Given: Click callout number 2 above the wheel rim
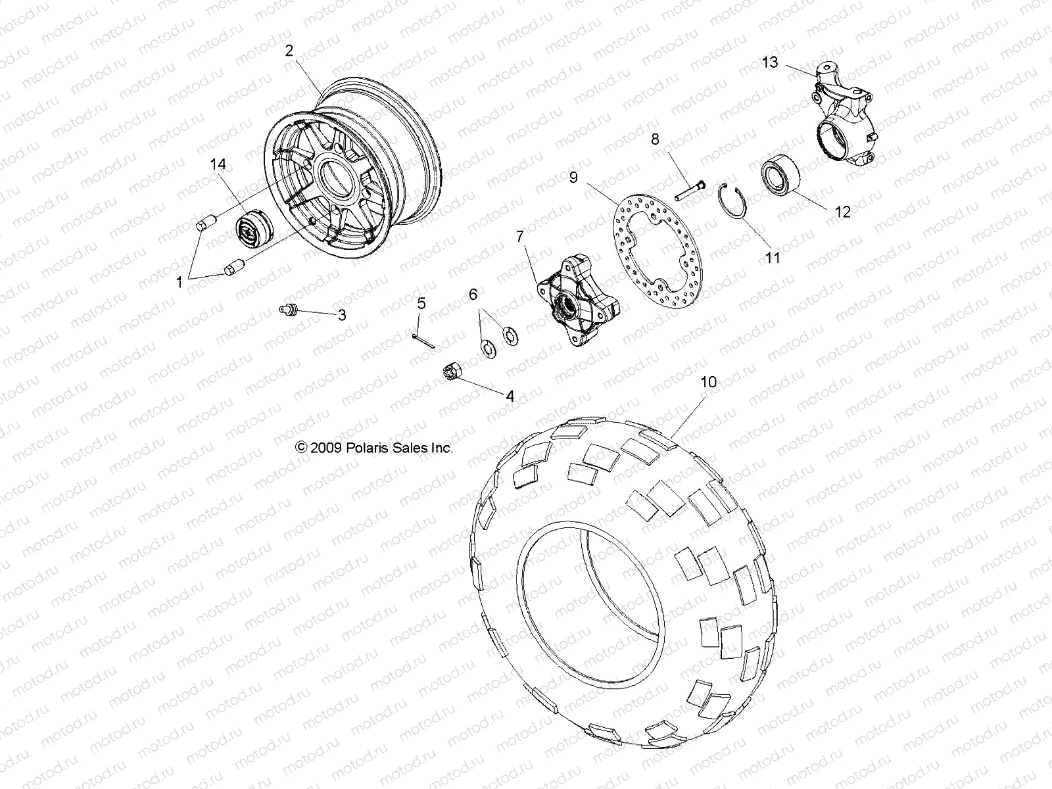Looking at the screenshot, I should point(289,51).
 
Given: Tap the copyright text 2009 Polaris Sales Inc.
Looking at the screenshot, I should point(375,448).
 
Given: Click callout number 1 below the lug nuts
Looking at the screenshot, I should point(179,282).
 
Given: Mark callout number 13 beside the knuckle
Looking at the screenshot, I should point(770,62).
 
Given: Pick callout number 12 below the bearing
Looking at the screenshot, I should point(842,212).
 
